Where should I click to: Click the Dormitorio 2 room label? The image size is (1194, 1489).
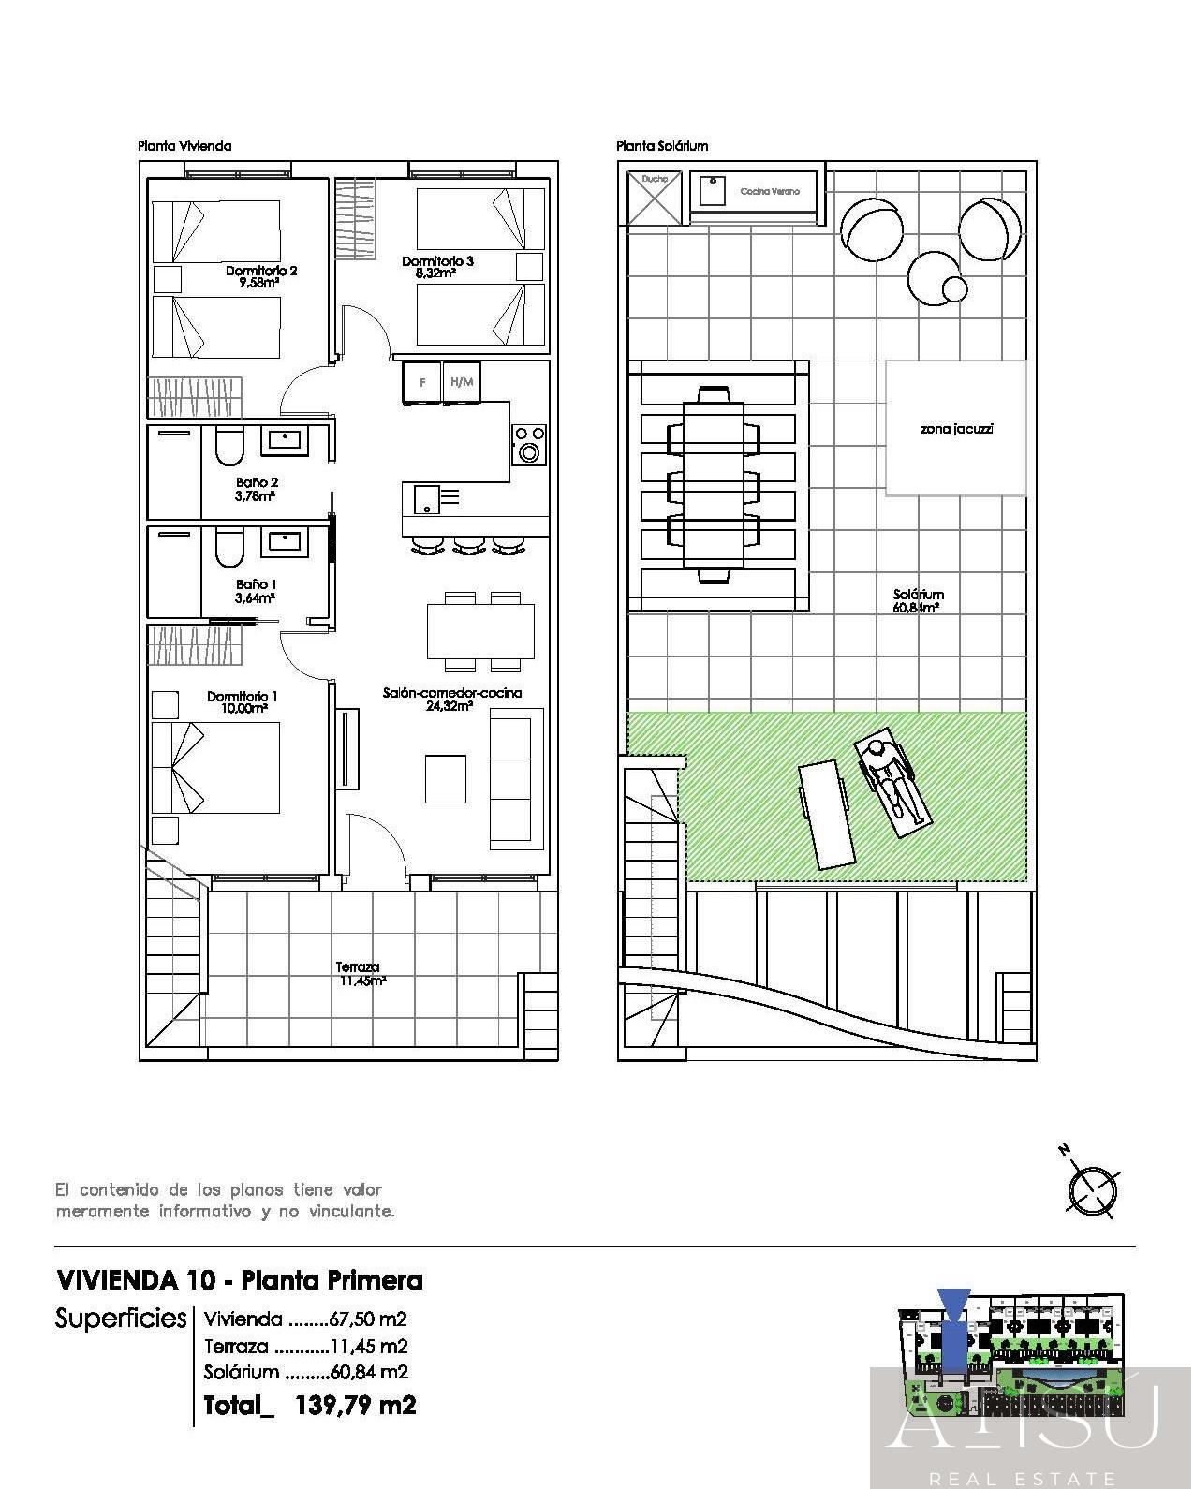[x=260, y=276]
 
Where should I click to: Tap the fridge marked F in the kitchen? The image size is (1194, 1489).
[x=422, y=382]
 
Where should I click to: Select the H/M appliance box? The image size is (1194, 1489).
[x=462, y=382]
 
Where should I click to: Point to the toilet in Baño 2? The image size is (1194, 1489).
[x=228, y=448]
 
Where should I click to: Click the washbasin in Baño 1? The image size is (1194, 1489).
[x=285, y=539]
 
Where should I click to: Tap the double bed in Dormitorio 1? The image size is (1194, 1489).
[x=217, y=768]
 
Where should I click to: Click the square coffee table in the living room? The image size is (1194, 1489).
[x=446, y=778]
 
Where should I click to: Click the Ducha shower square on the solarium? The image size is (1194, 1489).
[x=655, y=197]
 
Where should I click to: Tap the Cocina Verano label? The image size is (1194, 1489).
[x=770, y=191]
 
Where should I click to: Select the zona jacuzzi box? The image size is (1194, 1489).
[x=955, y=429]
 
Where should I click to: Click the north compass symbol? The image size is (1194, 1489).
[x=1092, y=1189]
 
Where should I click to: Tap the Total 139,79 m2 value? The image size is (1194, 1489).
[x=355, y=1405]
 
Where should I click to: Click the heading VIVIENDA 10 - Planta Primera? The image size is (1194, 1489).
[x=240, y=1280]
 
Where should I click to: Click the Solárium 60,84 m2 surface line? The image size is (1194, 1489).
[x=306, y=1372]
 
